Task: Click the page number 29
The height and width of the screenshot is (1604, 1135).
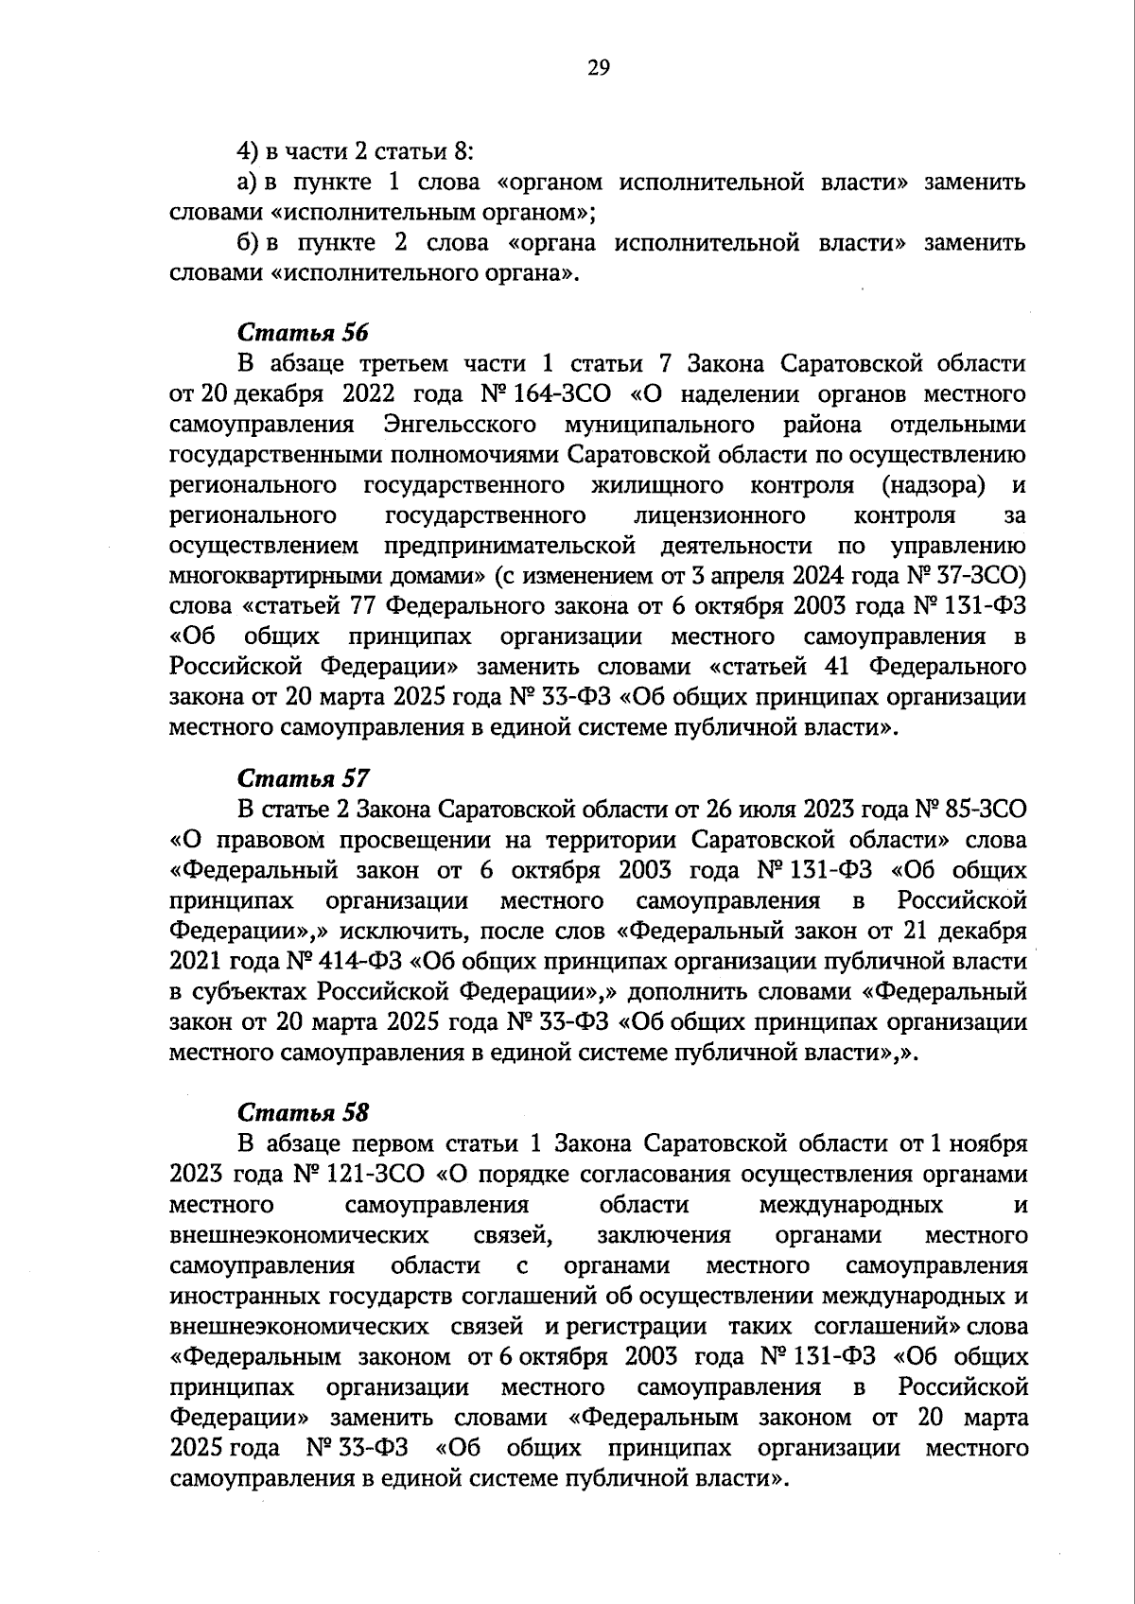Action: (x=599, y=66)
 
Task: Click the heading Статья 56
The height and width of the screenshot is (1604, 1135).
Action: (x=303, y=333)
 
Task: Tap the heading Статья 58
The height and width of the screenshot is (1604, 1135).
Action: (x=303, y=1112)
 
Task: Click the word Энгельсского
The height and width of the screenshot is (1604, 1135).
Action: (x=463, y=424)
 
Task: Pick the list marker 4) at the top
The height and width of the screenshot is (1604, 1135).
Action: (x=246, y=151)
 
